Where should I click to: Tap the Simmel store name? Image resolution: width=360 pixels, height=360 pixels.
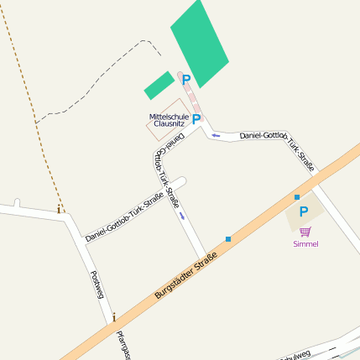point(305,244)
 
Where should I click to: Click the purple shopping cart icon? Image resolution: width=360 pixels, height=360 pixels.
point(305,231)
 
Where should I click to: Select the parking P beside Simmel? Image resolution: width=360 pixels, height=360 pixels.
point(304,213)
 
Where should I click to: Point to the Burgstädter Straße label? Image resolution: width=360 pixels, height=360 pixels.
point(186,275)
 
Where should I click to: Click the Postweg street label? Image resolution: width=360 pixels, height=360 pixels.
point(96,285)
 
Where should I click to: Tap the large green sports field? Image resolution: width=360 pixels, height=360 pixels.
point(200,43)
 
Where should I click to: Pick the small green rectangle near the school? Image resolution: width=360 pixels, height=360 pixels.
point(159,85)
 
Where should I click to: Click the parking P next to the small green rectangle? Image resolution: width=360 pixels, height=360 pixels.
point(186,81)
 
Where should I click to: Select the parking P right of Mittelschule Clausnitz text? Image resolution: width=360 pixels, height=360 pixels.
point(196,120)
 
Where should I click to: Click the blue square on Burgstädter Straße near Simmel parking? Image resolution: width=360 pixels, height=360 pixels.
point(296,197)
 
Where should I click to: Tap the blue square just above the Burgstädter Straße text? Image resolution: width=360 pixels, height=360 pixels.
point(227,239)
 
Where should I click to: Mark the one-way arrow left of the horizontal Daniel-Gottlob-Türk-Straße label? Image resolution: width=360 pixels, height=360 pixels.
point(216,134)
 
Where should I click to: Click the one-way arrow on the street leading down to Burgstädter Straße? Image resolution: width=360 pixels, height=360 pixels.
point(182,215)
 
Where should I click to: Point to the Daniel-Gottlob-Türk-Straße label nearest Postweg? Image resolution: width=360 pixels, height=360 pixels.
point(124,219)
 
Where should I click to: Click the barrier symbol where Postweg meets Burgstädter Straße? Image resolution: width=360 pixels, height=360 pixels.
point(113,318)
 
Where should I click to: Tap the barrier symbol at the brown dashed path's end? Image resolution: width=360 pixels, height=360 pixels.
point(60,209)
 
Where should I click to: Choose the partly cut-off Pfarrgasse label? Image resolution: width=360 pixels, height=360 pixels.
point(124,346)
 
